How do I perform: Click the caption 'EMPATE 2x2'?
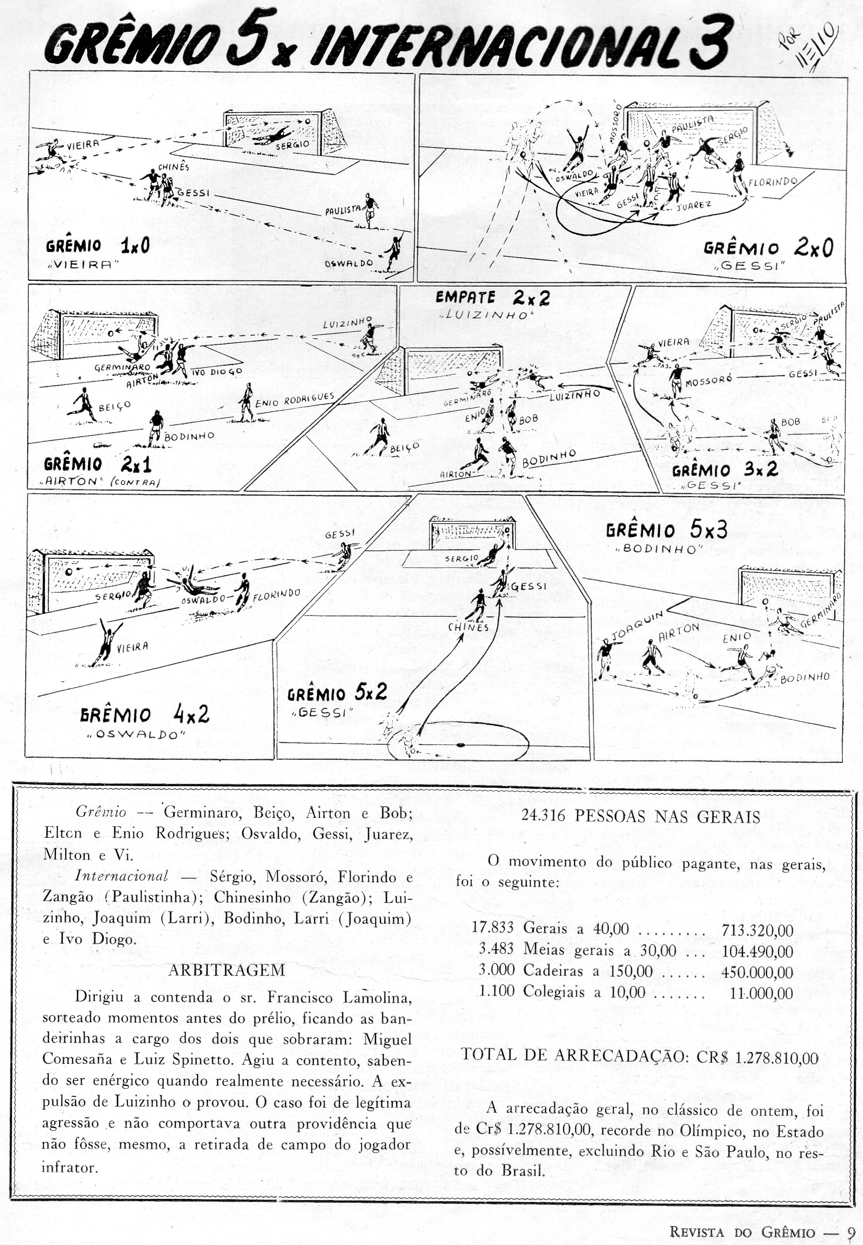coord(492,298)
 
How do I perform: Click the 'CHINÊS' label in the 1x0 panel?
coord(174,167)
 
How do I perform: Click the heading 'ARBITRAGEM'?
coord(227,970)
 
